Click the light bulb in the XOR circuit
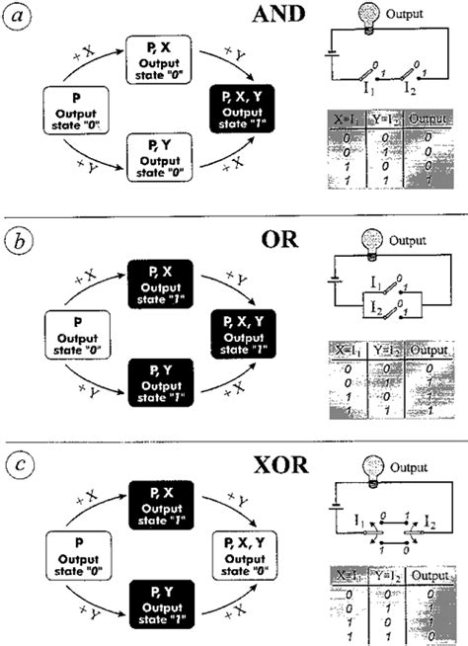[372, 463]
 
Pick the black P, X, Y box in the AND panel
[245, 108]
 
